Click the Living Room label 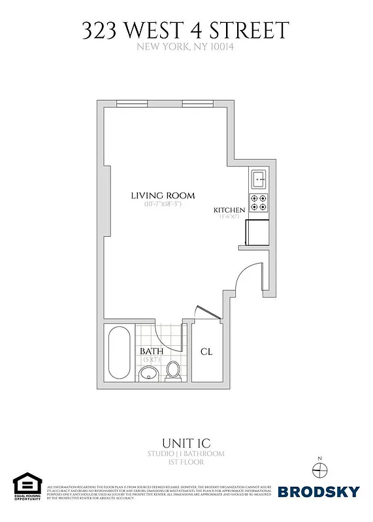(163, 196)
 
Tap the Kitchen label (229, 210)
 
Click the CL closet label (206, 352)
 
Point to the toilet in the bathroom (174, 371)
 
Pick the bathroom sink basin (148, 373)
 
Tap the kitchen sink (258, 177)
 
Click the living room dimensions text (163, 204)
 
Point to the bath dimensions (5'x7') (151, 360)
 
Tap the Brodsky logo (318, 491)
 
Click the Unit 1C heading (186, 442)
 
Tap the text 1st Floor (186, 462)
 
